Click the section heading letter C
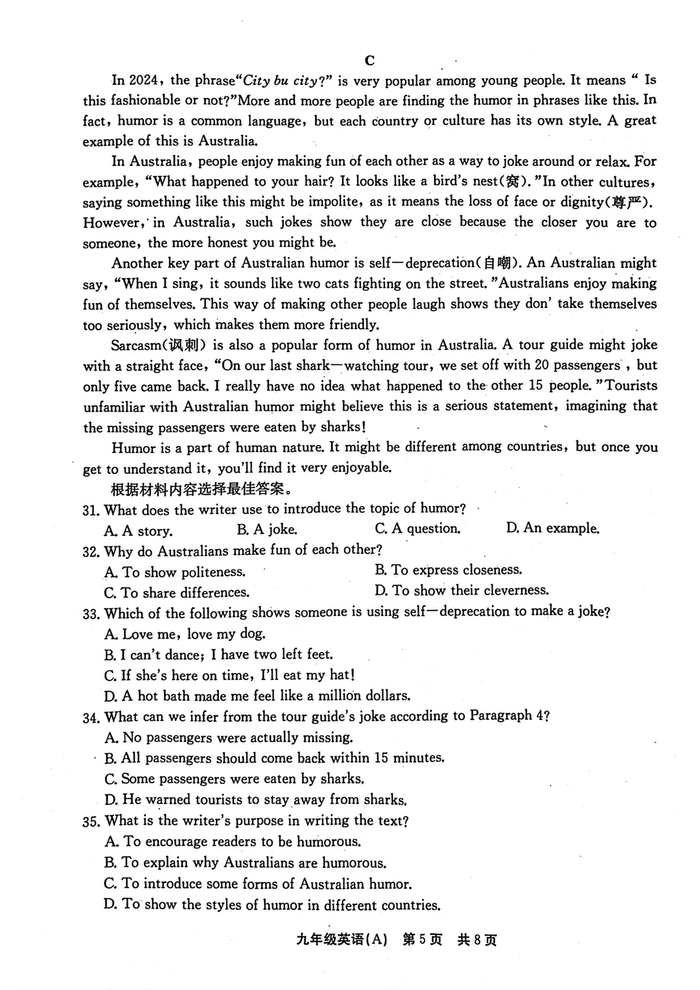[369, 60]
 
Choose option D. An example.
[552, 528]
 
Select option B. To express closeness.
[448, 570]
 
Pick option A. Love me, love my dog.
[185, 634]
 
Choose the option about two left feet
[218, 655]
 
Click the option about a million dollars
[257, 696]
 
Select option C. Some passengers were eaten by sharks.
[234, 779]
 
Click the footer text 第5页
[422, 940]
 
